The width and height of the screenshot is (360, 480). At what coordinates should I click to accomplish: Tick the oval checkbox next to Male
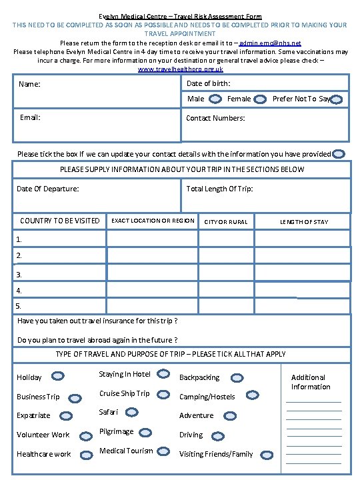click(216, 99)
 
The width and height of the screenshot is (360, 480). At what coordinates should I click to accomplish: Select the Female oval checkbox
click(261, 99)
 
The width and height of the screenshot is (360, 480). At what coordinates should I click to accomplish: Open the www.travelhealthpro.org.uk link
click(180, 69)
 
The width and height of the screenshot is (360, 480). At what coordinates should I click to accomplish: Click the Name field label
click(29, 85)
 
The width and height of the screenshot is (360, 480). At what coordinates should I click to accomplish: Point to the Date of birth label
click(208, 83)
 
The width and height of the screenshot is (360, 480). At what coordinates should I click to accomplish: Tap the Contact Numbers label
click(215, 118)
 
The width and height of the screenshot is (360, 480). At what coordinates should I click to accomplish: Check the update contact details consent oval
click(339, 154)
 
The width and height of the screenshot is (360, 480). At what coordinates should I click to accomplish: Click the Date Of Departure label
click(47, 189)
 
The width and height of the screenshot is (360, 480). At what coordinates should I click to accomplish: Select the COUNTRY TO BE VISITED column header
click(59, 221)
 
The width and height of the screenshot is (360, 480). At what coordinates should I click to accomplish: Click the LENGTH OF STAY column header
click(303, 222)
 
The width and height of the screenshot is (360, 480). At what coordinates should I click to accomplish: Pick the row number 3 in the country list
click(19, 274)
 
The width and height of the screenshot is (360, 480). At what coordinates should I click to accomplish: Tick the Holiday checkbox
click(58, 377)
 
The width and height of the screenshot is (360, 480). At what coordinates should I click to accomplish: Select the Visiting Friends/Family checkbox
click(264, 454)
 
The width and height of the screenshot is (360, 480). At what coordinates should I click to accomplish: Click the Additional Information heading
click(310, 382)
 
